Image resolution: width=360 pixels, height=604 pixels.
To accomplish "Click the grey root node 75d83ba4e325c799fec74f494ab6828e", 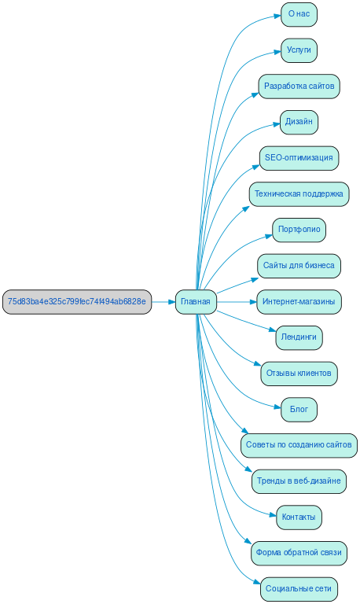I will click(x=76, y=301).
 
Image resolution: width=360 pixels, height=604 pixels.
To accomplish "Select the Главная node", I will click(x=196, y=301).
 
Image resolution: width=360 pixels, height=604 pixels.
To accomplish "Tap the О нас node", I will click(x=299, y=14).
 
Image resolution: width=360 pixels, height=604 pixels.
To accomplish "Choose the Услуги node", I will click(x=299, y=50).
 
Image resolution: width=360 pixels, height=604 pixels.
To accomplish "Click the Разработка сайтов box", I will click(x=299, y=86).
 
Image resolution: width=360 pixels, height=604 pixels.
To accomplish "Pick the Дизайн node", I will click(x=299, y=122).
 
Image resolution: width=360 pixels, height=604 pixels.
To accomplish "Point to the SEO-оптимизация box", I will click(x=299, y=157).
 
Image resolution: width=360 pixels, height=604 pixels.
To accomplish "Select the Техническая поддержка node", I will click(x=299, y=193).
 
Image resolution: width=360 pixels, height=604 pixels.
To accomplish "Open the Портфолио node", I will click(x=299, y=230).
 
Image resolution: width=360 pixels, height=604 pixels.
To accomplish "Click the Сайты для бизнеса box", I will click(x=299, y=265).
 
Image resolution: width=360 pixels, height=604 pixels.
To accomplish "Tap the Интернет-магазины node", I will click(x=299, y=301).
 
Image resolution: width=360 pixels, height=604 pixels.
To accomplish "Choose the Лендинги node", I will click(x=299, y=337).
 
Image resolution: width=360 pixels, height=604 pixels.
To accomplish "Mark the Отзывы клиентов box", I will click(x=299, y=373).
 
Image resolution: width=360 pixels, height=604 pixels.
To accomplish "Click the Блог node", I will click(x=299, y=409).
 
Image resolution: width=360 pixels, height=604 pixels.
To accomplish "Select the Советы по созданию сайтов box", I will click(x=299, y=444).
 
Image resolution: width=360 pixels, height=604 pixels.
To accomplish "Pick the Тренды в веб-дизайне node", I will click(x=299, y=481).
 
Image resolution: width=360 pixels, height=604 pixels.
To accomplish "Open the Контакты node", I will click(x=299, y=517).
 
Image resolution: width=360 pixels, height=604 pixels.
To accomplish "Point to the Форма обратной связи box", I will click(x=299, y=553).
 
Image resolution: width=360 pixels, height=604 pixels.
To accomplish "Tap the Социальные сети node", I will click(x=299, y=588).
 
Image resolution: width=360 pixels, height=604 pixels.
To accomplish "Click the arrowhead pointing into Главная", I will click(x=170, y=301).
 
